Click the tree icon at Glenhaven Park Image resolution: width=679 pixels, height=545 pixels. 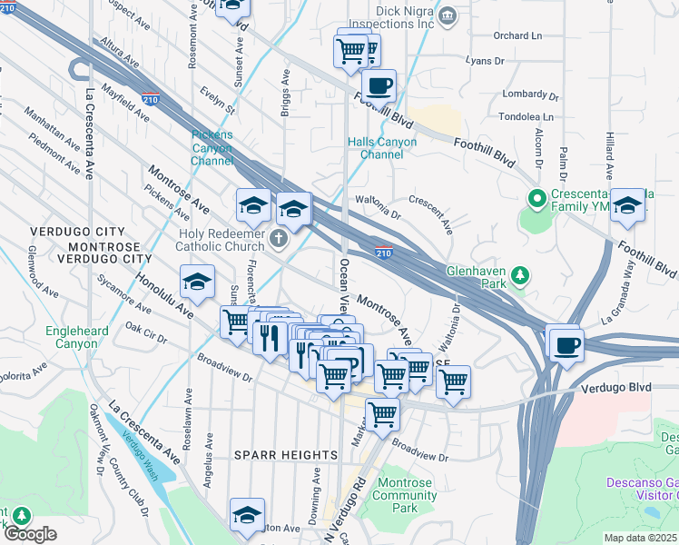coord(518,273)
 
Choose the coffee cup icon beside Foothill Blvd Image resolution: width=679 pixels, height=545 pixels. coord(379,86)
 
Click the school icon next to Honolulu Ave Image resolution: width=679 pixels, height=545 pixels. coord(197,282)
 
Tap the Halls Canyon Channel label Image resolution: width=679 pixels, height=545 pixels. coord(382,148)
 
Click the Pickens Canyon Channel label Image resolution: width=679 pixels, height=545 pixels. coord(212,148)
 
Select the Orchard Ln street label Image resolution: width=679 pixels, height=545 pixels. coord(517,36)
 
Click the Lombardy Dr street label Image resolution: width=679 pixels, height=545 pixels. coord(531,94)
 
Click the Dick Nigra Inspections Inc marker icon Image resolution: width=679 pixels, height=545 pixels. coord(447,15)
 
